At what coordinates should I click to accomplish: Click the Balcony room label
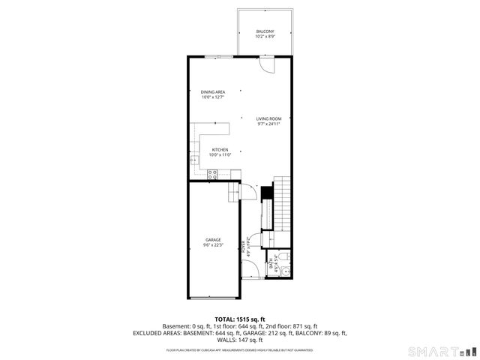265,34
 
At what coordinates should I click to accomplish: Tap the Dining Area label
213,94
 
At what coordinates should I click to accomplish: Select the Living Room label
268,121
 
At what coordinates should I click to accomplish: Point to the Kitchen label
220,152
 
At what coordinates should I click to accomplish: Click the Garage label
213,242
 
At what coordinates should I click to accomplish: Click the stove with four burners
212,175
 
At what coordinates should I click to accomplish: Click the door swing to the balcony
266,65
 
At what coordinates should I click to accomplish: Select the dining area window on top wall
219,57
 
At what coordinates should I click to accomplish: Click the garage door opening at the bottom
213,298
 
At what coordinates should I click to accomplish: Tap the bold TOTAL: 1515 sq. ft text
240,319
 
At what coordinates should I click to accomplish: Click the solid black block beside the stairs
264,192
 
